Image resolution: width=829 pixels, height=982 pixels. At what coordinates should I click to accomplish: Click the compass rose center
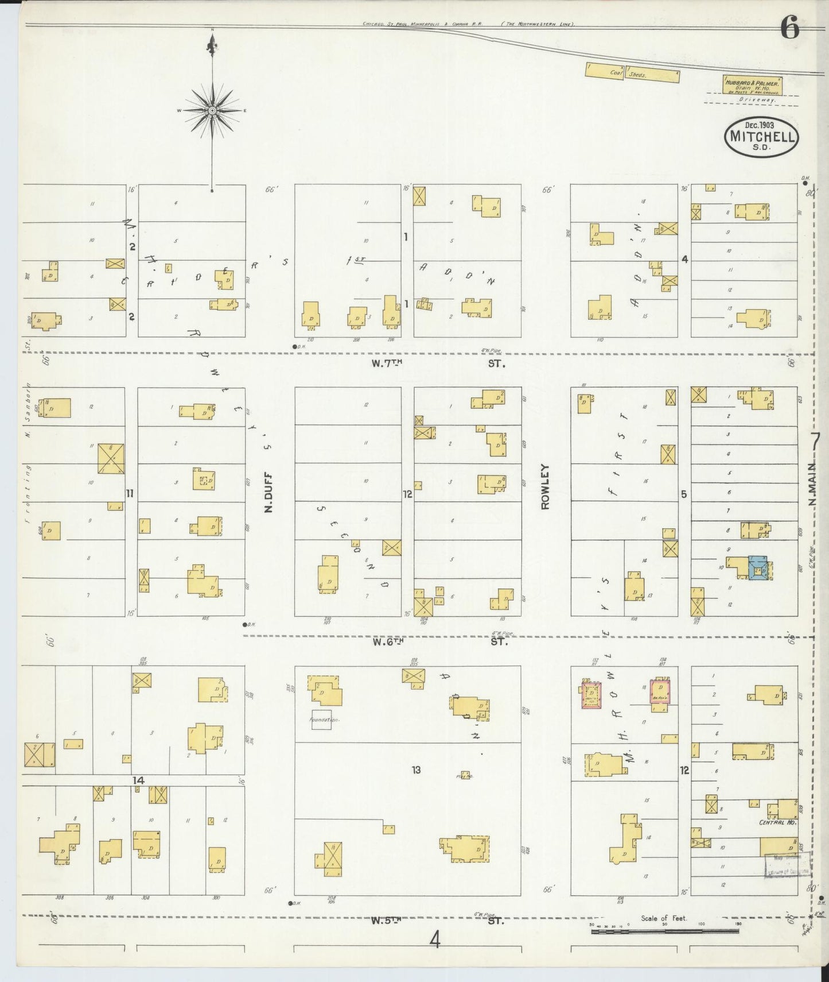point(212,110)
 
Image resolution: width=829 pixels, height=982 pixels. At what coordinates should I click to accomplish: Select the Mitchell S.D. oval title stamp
point(762,137)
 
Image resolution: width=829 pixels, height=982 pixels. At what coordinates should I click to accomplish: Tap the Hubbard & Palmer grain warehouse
point(753,84)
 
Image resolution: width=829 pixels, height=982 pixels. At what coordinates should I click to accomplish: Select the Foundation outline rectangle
point(321,720)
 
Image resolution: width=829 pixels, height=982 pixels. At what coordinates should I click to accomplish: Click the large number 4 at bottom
point(435,940)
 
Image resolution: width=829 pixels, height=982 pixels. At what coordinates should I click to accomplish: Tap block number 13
point(416,769)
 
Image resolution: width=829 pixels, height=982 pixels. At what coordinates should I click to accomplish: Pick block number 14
point(138,780)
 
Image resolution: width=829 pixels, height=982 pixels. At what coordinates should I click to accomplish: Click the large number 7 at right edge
point(815,443)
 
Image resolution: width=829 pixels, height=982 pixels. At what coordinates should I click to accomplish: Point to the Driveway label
point(757,99)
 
